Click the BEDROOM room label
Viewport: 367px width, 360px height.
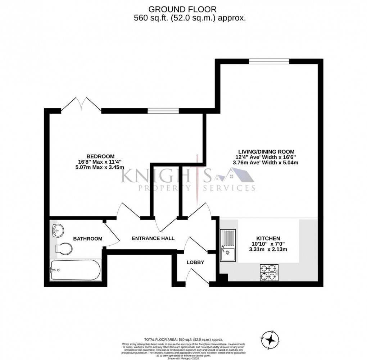[x=100, y=156]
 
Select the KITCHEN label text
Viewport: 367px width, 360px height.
[x=268, y=238]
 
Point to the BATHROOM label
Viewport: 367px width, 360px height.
[x=88, y=238]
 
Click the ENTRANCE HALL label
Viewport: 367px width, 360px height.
[x=153, y=238]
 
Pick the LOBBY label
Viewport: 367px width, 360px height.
[x=195, y=263]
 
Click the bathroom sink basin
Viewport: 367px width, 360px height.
[x=58, y=230]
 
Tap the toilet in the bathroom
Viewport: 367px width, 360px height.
[x=64, y=248]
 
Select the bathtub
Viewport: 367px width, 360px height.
[x=75, y=270]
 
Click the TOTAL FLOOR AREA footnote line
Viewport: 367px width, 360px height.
[x=183, y=340]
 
